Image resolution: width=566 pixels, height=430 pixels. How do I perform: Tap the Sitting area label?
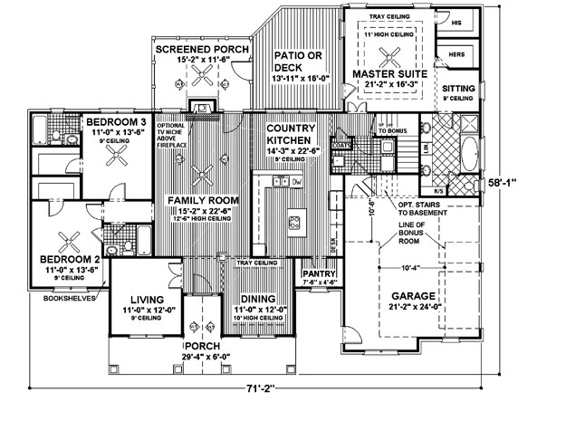click(457, 89)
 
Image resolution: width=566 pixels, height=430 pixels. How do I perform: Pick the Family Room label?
click(195, 199)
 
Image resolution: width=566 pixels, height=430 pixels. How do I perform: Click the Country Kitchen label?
click(290, 135)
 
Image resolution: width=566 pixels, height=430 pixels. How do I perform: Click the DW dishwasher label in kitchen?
click(296, 181)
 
